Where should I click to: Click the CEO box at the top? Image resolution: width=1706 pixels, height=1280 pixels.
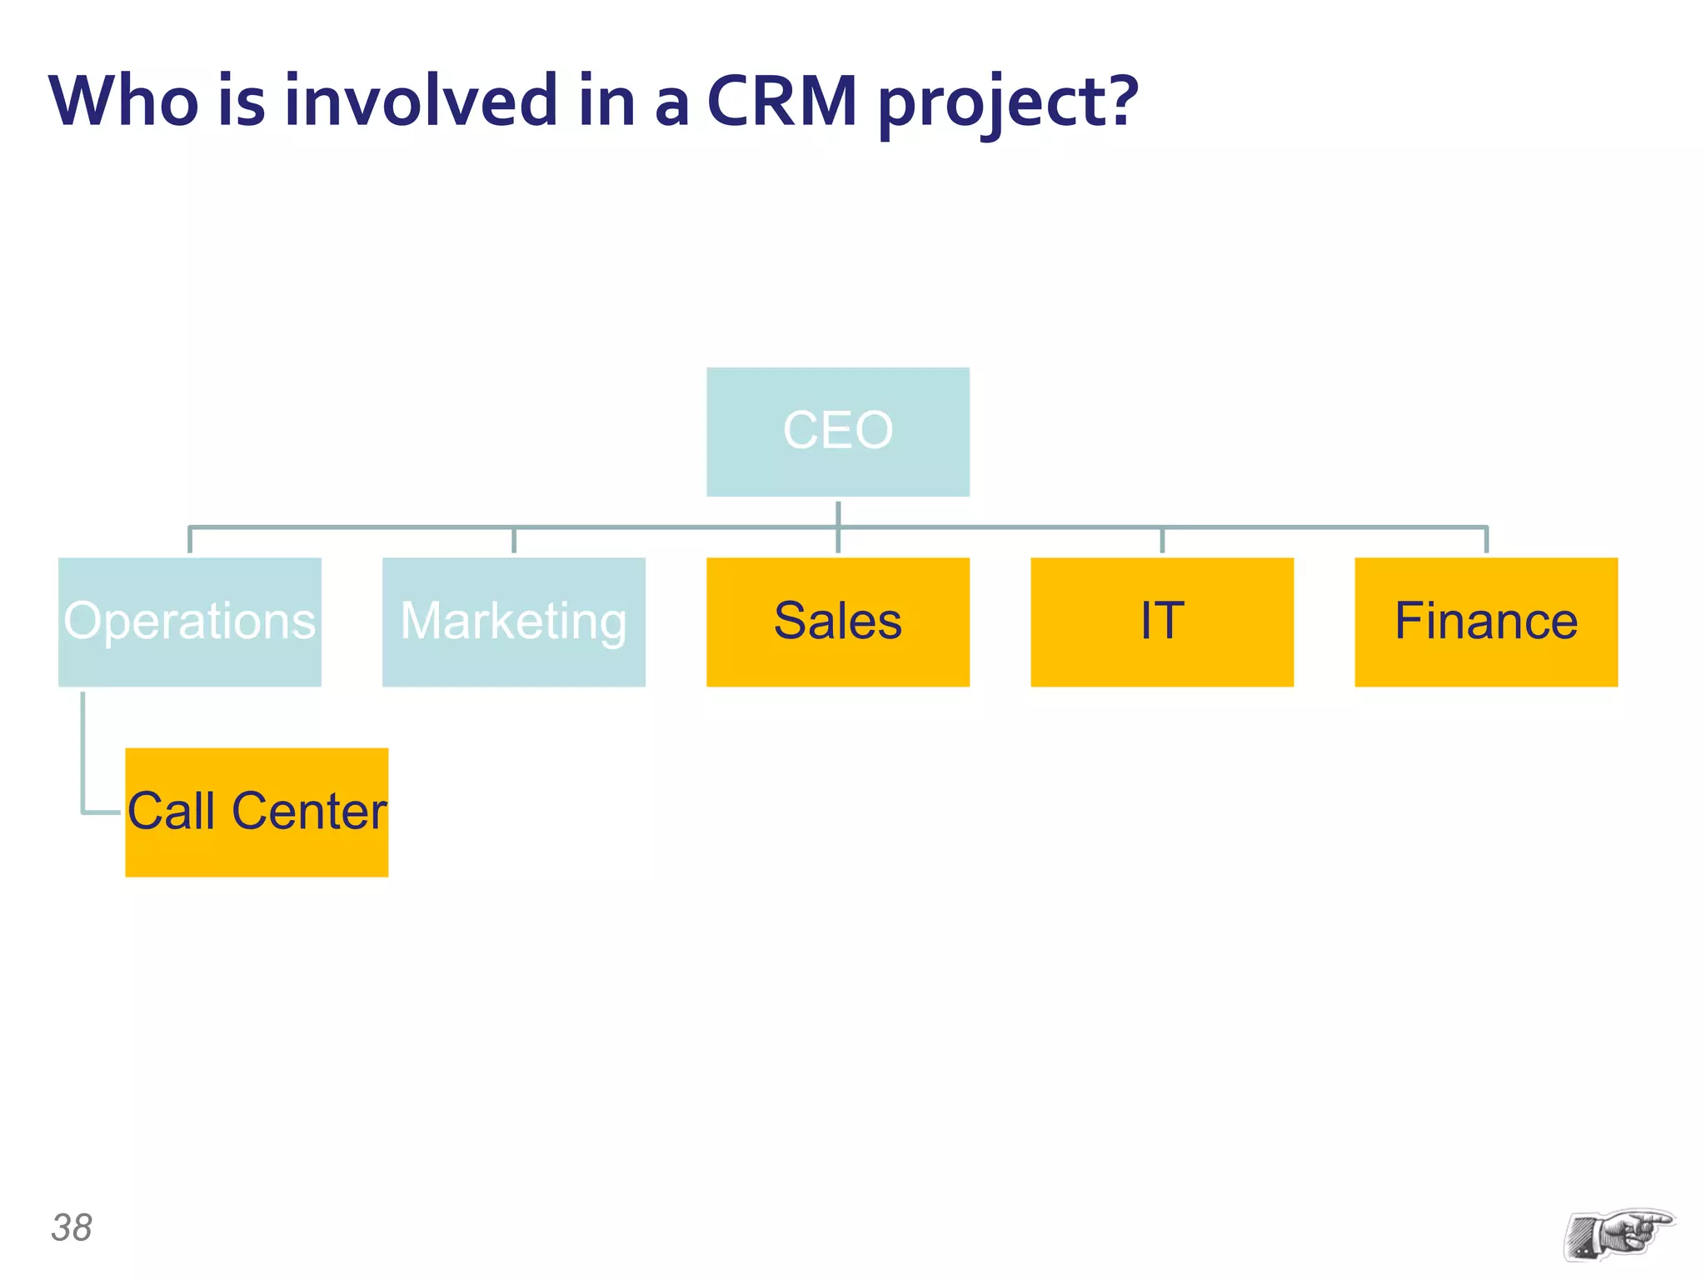[837, 432]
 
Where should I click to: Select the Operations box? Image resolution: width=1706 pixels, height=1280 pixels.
[189, 622]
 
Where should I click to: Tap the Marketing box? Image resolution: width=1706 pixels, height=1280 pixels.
[513, 622]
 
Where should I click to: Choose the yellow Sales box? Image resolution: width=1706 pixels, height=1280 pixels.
[837, 622]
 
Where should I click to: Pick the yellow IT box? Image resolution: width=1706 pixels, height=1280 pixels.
[1161, 622]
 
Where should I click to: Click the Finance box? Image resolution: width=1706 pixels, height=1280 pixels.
[1485, 622]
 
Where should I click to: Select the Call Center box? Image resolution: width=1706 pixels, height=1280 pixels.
[257, 812]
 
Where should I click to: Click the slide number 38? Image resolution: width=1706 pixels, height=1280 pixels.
[72, 1227]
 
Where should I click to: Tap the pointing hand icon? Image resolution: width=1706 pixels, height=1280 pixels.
[1618, 1234]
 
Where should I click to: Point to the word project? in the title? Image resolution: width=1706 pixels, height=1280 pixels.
[1008, 104]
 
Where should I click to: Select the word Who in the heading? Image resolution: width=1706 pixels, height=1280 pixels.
[123, 101]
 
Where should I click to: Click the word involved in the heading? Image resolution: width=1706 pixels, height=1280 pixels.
[421, 101]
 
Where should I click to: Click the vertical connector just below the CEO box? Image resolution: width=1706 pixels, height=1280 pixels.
[838, 513]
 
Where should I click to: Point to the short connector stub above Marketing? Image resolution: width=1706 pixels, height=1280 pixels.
[514, 540]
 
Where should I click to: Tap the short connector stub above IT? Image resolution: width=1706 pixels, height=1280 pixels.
[1162, 540]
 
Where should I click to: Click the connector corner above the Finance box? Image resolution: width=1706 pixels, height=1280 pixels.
[1486, 528]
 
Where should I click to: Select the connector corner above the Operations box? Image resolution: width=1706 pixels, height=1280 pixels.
[191, 528]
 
